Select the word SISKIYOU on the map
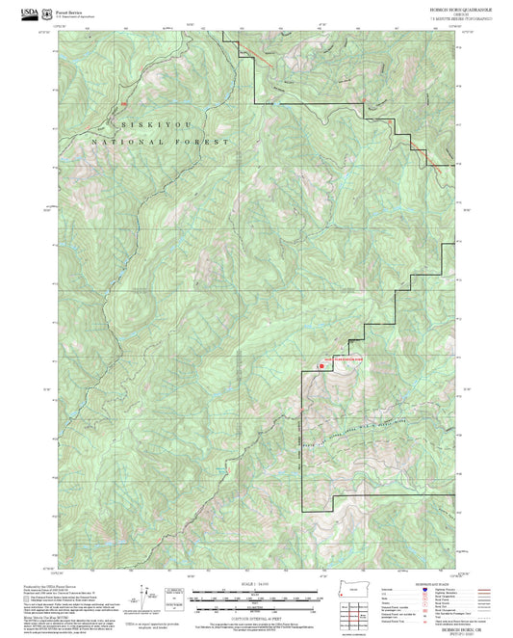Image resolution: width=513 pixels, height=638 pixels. (x=141, y=126)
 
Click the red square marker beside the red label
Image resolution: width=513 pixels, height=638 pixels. (x=321, y=365)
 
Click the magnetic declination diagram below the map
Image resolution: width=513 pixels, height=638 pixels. (x=145, y=595)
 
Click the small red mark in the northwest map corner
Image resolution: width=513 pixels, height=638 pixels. (x=123, y=103)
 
